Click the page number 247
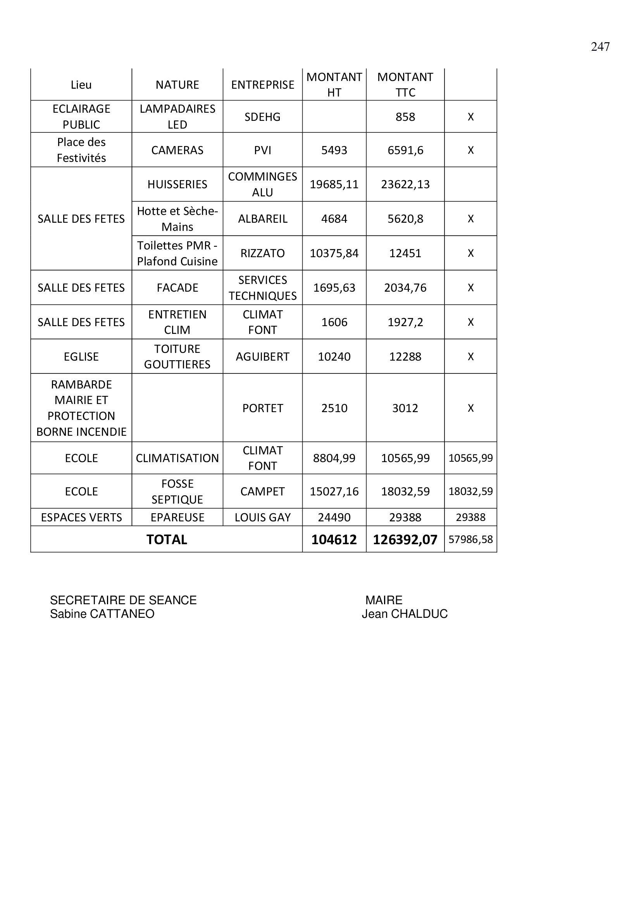click(x=600, y=46)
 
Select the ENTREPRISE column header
click(x=262, y=85)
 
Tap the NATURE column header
click(x=177, y=85)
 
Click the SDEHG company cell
click(x=262, y=117)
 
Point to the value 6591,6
click(x=405, y=150)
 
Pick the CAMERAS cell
click(x=177, y=150)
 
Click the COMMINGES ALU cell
click(x=262, y=184)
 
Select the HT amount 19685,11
click(x=334, y=184)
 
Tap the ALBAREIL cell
click(x=262, y=218)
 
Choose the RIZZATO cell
click(x=262, y=253)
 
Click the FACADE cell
click(x=177, y=288)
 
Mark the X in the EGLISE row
click(x=470, y=357)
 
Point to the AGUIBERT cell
click(x=262, y=357)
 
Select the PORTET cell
click(x=262, y=408)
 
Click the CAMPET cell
click(x=262, y=491)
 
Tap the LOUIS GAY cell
click(x=262, y=517)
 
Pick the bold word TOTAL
click(x=167, y=540)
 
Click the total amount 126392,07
click(x=405, y=540)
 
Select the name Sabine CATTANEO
click(x=102, y=614)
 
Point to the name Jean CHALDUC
click(x=405, y=614)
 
